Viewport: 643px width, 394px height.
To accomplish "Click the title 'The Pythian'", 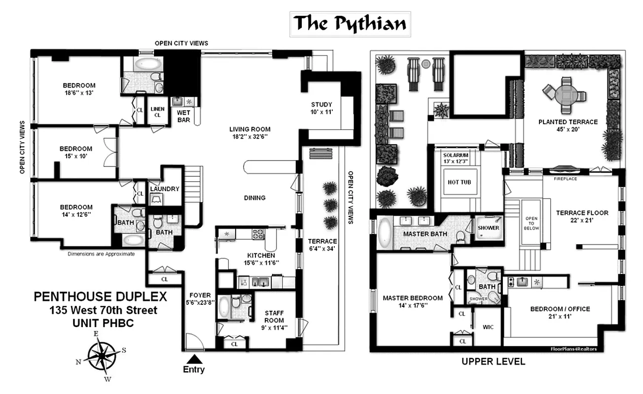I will (350, 23).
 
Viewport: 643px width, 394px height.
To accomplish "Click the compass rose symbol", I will (103, 355).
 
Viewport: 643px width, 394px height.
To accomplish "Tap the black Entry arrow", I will (194, 359).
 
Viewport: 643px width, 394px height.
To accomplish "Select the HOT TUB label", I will (460, 182).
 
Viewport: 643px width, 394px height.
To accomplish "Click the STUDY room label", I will (322, 104).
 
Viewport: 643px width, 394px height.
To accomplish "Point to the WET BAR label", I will (183, 116).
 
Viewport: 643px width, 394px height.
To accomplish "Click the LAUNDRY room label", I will (164, 189).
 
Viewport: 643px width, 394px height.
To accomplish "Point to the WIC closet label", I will (488, 327).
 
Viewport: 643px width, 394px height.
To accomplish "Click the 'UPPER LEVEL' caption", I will (493, 362).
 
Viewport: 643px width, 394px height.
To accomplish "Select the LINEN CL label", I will (158, 112).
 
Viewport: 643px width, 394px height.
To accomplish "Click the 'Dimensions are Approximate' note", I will (101, 254).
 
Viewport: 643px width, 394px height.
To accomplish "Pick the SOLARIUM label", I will (455, 155).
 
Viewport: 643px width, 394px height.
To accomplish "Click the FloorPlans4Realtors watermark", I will (573, 349).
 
